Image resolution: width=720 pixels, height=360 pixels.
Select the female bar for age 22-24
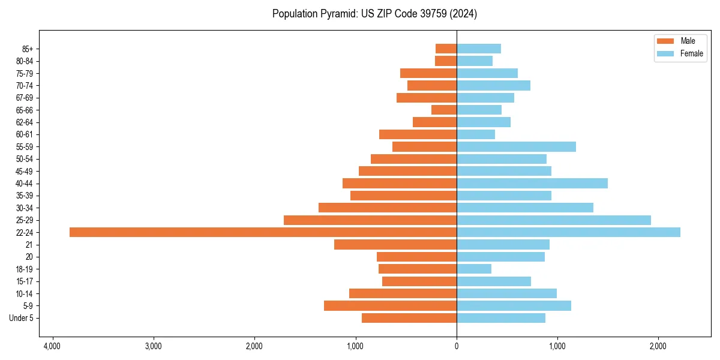568,232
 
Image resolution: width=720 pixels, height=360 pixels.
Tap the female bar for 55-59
516,146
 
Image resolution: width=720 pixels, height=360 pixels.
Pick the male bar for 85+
446,49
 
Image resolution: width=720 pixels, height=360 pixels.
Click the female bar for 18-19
474,269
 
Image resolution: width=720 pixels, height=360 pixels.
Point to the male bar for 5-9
390,305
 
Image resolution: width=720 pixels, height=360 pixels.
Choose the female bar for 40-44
532,183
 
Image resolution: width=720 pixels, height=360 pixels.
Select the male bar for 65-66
444,110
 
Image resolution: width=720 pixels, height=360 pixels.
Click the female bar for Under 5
501,318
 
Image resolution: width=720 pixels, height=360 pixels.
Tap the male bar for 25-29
370,220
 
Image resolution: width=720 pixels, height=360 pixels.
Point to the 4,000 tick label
52,346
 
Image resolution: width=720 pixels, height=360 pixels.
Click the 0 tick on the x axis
457,346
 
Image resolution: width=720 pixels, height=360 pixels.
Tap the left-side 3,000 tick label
154,346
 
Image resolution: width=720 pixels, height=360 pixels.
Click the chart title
374,14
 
